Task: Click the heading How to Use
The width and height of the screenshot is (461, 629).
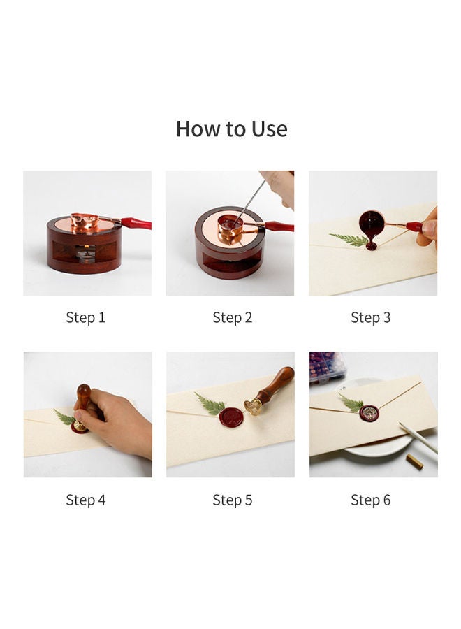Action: pyautogui.click(x=231, y=129)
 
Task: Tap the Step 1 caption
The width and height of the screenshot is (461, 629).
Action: pyautogui.click(x=85, y=317)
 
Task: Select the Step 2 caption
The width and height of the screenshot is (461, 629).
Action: pyautogui.click(x=232, y=317)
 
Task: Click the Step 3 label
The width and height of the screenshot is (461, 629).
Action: pyautogui.click(x=370, y=317)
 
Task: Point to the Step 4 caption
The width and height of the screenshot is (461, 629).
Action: pyautogui.click(x=85, y=500)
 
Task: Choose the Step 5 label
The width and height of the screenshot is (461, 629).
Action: pyautogui.click(x=232, y=500)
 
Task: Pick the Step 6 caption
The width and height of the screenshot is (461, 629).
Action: pyautogui.click(x=370, y=500)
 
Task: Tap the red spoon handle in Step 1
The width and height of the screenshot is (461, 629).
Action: pyautogui.click(x=136, y=223)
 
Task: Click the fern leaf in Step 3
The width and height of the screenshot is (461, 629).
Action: pyautogui.click(x=349, y=239)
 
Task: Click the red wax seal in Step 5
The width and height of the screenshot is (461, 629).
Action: pyautogui.click(x=231, y=417)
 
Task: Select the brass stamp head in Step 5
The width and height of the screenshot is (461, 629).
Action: pyautogui.click(x=254, y=406)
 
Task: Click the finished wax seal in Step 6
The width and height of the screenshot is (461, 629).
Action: pyautogui.click(x=369, y=413)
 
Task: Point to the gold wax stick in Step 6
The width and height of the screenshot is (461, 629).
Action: pyautogui.click(x=414, y=462)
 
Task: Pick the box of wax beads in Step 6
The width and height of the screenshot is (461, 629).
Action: pyautogui.click(x=327, y=367)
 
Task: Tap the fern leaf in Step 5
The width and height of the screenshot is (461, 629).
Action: pyautogui.click(x=210, y=404)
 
